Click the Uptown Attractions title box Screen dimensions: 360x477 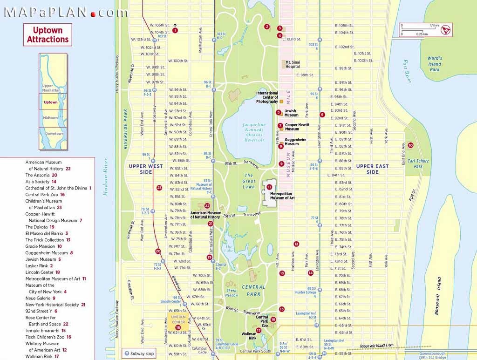(x=48, y=35)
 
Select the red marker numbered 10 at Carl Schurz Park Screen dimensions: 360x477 (x=410, y=145)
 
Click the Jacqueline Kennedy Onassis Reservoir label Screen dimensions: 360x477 (x=254, y=132)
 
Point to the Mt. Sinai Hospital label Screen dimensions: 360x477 (x=293, y=64)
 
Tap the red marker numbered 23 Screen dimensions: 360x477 (x=159, y=188)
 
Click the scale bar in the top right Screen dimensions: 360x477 (x=420, y=30)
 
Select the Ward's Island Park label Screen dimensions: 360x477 (x=434, y=64)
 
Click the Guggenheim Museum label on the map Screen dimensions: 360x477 (x=295, y=142)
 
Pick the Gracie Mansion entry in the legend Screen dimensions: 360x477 (x=44, y=246)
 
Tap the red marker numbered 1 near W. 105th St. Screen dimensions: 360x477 (x=175, y=30)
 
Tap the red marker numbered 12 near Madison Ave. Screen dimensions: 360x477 (x=296, y=244)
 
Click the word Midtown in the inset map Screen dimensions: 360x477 (x=50, y=118)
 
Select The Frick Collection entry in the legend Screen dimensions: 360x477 (x=48, y=240)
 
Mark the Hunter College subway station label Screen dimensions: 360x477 (x=306, y=292)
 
